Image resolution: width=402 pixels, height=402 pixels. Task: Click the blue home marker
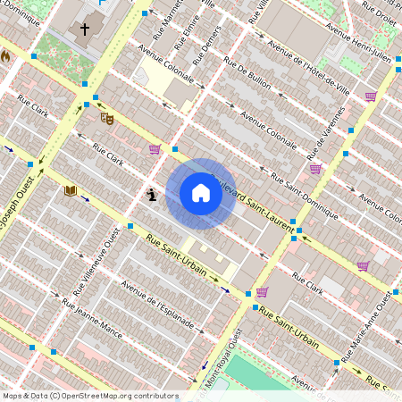pyautogui.click(x=201, y=193)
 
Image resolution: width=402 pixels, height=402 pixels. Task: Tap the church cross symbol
pyautogui.click(x=86, y=29)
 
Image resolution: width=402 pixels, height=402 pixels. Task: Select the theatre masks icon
pyautogui.click(x=107, y=117)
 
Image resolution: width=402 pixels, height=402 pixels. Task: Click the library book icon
pyautogui.click(x=70, y=190)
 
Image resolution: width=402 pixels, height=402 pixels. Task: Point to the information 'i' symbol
pyautogui.click(x=152, y=193)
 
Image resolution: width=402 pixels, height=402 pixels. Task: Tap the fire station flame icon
pyautogui.click(x=4, y=55)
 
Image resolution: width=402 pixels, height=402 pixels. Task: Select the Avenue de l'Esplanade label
pyautogui.click(x=157, y=306)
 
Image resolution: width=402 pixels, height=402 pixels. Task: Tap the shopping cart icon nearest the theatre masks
pyautogui.click(x=155, y=149)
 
